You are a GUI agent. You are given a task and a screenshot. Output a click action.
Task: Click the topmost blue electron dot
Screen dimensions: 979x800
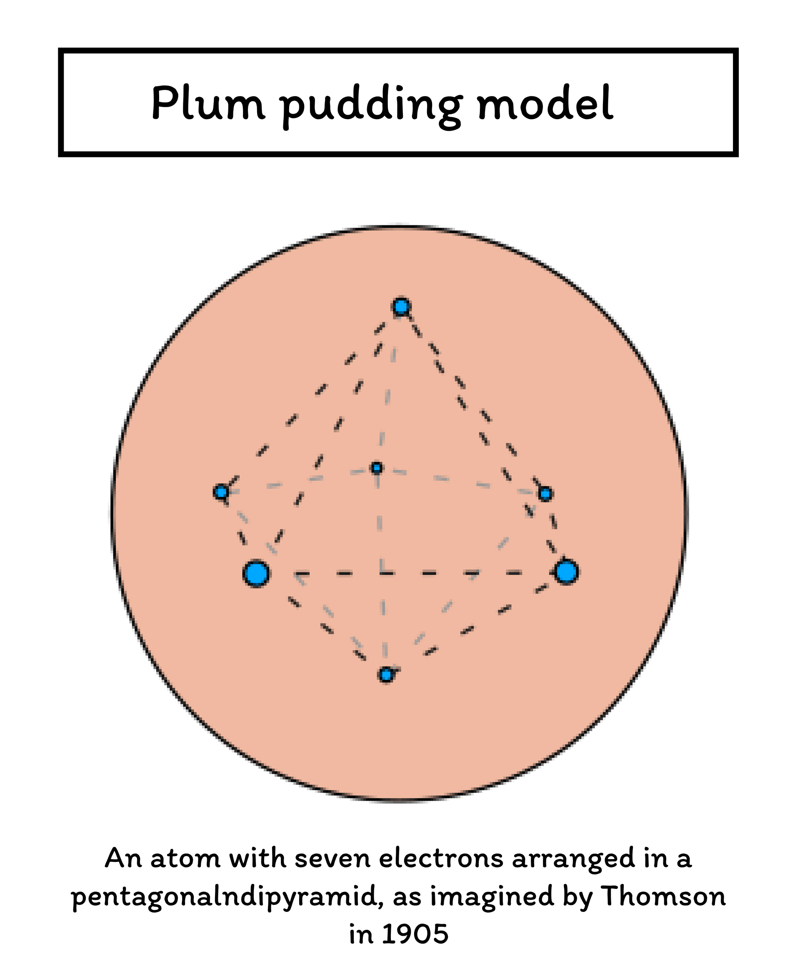pyautogui.click(x=401, y=306)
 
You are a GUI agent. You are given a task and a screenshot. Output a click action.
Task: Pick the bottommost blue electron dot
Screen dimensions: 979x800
pyautogui.click(x=386, y=675)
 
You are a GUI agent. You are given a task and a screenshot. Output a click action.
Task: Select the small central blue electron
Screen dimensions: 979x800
pyautogui.click(x=377, y=469)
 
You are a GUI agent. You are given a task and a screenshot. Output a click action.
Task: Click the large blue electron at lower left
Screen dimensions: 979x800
pyautogui.click(x=256, y=574)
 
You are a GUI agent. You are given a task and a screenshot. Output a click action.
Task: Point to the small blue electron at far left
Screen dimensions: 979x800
pyautogui.click(x=221, y=492)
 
